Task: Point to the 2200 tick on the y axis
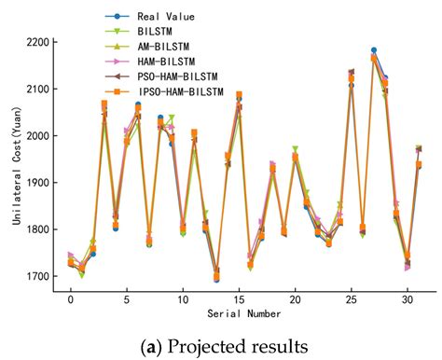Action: (x=40, y=43)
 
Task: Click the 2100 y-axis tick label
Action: (x=40, y=90)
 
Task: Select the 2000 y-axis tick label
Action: (x=40, y=136)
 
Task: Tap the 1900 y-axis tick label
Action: (x=40, y=183)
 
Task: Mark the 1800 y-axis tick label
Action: (x=40, y=229)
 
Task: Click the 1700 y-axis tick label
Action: (x=40, y=277)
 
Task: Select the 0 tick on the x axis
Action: (x=71, y=301)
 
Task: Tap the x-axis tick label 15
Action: (x=239, y=301)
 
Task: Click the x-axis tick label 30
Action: (x=407, y=301)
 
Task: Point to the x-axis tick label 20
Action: (x=295, y=301)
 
